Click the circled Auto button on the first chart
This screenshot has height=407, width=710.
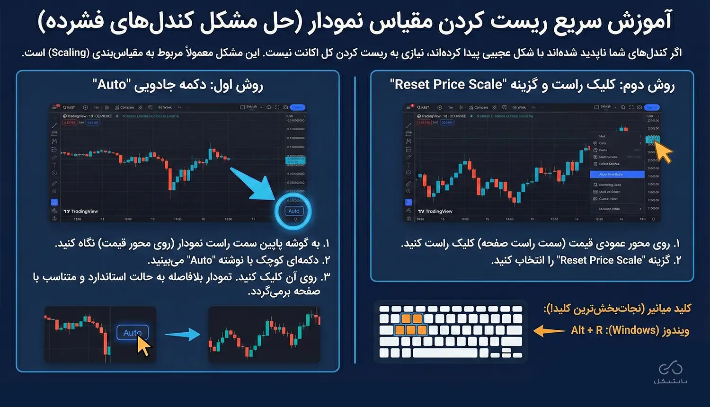point(293,211)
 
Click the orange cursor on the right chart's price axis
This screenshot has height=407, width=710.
point(664,152)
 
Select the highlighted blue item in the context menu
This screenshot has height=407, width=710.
point(617,175)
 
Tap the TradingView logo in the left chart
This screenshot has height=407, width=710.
point(81,212)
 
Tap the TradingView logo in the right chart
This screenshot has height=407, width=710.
point(435,212)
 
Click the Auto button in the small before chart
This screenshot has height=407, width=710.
point(132,333)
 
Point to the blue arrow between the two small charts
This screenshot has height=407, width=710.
point(182,335)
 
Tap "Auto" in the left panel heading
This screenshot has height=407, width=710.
point(112,85)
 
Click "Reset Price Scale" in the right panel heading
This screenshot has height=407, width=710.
point(448,85)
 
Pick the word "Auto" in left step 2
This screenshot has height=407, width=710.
point(201,260)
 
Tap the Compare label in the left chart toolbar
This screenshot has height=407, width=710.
point(127,107)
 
